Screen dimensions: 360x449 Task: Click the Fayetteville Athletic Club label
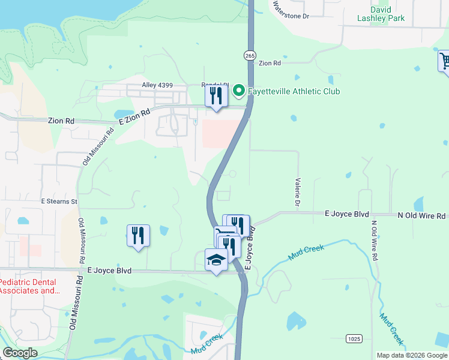pyautogui.click(x=294, y=91)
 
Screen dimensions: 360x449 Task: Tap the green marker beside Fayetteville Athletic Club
pyautogui.click(x=238, y=91)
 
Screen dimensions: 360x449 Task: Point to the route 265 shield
pyautogui.click(x=250, y=55)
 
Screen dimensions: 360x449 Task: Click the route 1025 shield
pyautogui.click(x=354, y=339)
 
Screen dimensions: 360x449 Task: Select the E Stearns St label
pyautogui.click(x=59, y=202)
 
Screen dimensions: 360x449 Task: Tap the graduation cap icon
pyautogui.click(x=215, y=260)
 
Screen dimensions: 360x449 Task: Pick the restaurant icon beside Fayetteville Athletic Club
pyautogui.click(x=216, y=95)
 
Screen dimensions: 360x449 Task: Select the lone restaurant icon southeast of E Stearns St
pyautogui.click(x=138, y=235)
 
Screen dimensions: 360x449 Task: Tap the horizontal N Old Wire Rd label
pyautogui.click(x=421, y=215)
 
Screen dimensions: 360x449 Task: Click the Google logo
pyautogui.click(x=20, y=353)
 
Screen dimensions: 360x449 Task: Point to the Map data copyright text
pyautogui.click(x=411, y=355)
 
